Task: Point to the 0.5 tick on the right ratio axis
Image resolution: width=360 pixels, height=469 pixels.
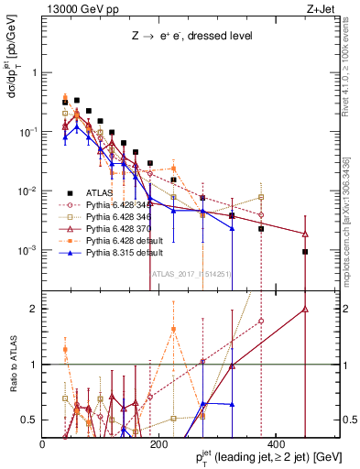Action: coord(350,420)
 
